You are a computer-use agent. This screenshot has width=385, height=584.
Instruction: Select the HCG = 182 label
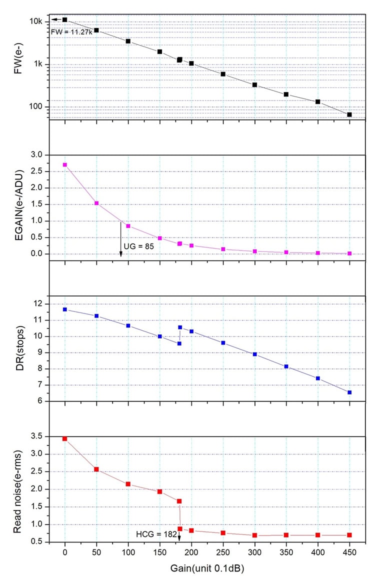[x=156, y=535]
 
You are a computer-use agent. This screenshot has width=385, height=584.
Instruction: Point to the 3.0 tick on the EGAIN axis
[x=38, y=155]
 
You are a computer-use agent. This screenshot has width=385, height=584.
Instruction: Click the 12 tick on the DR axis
[x=41, y=304]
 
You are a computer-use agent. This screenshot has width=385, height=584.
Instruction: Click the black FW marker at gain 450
[x=349, y=114]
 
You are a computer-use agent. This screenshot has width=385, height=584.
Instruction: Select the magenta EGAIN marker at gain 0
[x=64, y=164]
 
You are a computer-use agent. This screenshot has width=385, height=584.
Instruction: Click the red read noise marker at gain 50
[x=96, y=469]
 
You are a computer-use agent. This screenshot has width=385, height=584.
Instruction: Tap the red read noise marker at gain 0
[x=64, y=438]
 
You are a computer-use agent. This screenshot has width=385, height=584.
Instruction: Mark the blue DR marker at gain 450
[x=349, y=392]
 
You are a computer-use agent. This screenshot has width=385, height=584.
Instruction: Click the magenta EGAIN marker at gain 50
[x=96, y=203]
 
